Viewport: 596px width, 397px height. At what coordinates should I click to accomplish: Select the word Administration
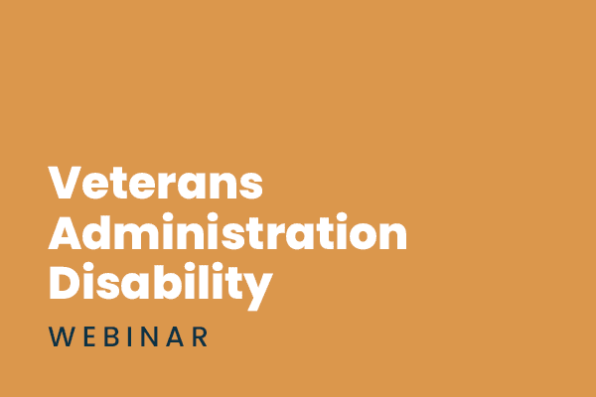228,234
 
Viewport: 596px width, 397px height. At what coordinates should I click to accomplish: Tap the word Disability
161,284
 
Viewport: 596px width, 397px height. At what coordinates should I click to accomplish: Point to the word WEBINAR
129,336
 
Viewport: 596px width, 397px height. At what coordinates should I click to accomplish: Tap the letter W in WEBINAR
62,336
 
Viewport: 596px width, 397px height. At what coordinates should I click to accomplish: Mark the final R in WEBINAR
200,336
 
